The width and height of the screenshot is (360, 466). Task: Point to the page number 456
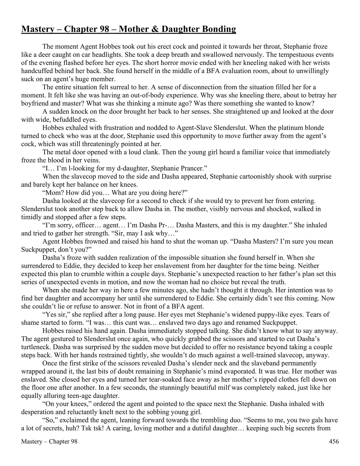coord(334,442)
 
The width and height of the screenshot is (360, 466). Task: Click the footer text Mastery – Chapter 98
coord(49,442)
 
